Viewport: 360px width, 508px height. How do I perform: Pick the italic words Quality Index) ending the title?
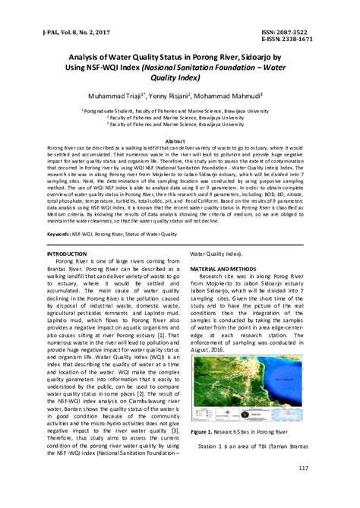click(x=179, y=78)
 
